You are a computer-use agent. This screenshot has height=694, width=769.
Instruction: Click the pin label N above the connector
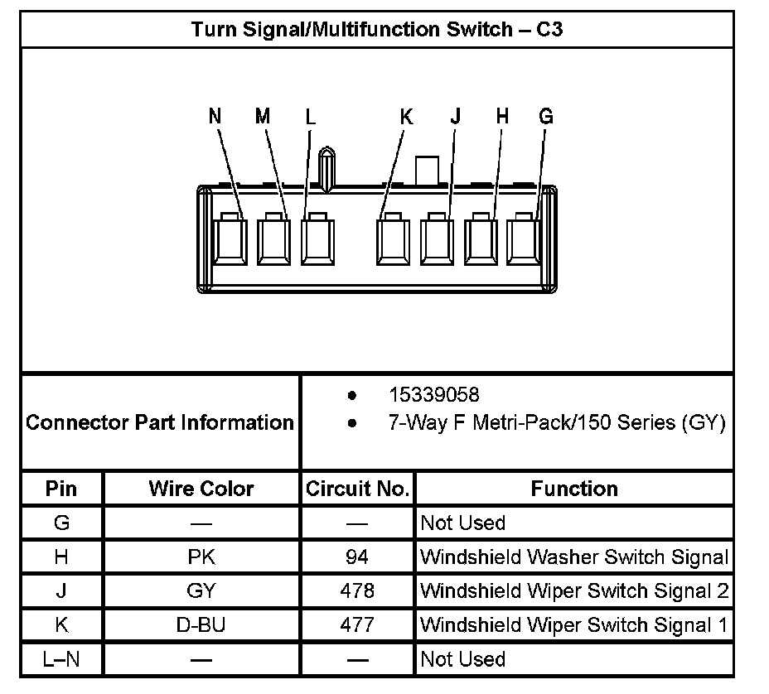pos(215,117)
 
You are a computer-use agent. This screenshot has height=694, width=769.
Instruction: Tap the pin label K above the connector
pos(406,117)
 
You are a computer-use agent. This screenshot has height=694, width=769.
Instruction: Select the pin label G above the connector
pos(545,117)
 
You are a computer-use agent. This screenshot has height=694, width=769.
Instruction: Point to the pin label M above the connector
pos(263,117)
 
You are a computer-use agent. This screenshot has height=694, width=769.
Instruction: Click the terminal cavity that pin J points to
pos(437,240)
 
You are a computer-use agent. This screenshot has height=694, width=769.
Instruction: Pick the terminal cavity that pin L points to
pos(317,240)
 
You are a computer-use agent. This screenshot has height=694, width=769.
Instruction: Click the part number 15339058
pos(433,395)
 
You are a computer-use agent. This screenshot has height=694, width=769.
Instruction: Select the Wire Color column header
pos(201,489)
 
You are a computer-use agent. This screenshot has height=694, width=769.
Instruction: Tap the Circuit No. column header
pos(358,489)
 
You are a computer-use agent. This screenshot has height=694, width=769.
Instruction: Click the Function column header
pos(574,489)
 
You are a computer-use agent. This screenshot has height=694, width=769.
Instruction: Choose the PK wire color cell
pos(201,557)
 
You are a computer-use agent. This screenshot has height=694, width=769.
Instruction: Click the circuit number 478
pos(357,591)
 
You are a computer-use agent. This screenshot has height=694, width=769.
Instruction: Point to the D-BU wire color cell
pos(201,625)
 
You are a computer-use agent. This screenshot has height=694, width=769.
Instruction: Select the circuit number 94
pos(357,557)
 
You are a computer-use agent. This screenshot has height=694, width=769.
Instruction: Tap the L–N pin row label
pos(61,660)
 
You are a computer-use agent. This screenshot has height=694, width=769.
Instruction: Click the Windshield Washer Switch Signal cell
pos(574,557)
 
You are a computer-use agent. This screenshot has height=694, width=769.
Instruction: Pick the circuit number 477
pos(357,625)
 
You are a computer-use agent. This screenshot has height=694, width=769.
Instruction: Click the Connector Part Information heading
pos(160,422)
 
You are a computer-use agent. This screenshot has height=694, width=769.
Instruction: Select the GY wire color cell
pos(201,591)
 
